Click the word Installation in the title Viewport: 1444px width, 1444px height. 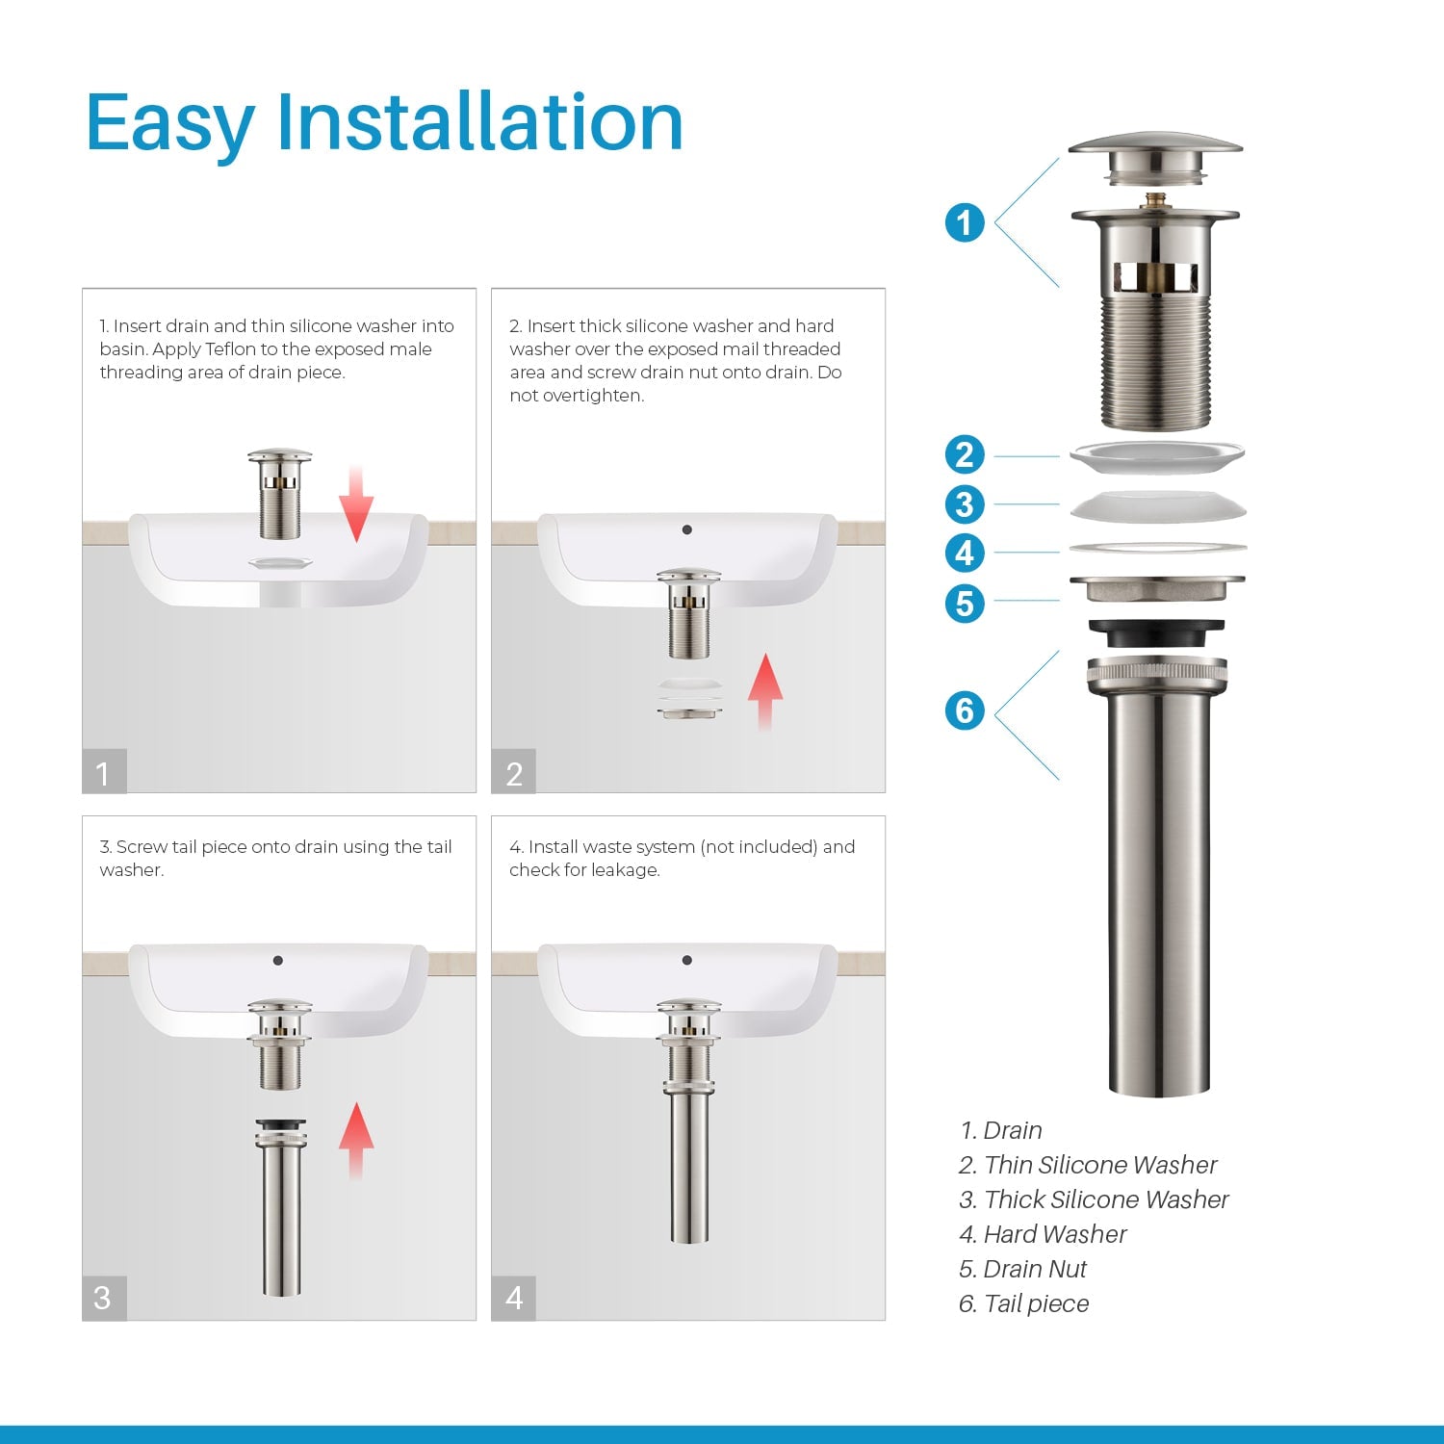pos(479,122)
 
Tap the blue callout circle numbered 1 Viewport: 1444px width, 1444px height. pos(965,223)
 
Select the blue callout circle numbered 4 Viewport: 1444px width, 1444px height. pos(965,554)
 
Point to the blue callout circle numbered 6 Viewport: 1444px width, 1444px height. pos(965,711)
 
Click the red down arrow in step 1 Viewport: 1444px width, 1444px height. pos(356,503)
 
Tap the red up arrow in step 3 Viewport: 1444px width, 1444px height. pos(356,1140)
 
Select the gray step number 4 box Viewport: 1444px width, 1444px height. pos(513,1298)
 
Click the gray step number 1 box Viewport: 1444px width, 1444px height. pos(104,772)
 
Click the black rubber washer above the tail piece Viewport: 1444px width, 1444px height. pos(1156,633)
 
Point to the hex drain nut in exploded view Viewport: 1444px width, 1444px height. pos(1156,587)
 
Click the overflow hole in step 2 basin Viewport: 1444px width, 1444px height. pos(686,529)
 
